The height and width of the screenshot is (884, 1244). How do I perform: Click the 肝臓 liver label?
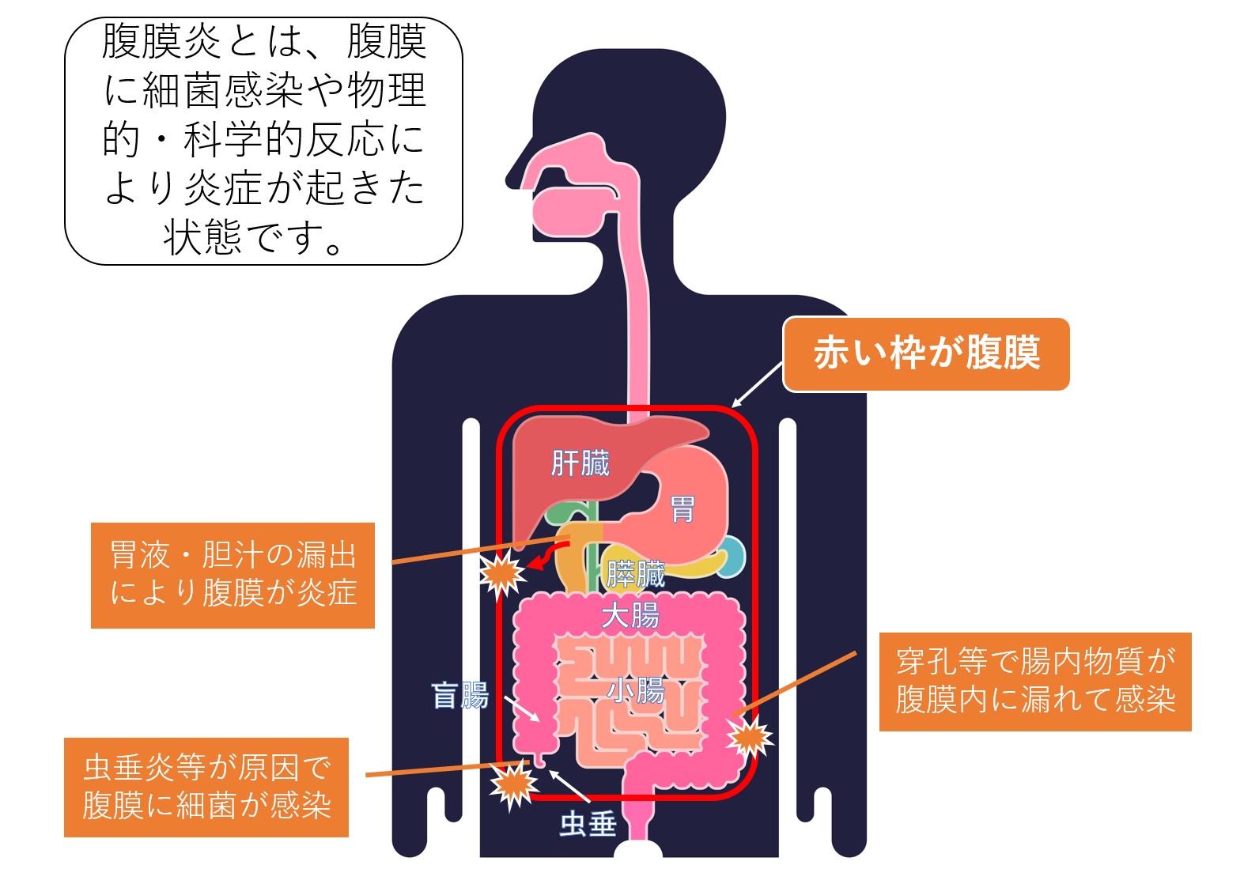[580, 463]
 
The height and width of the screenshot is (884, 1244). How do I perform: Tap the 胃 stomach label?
[682, 509]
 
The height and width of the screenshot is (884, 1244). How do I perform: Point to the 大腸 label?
[630, 615]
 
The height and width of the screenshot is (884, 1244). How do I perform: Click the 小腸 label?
[636, 689]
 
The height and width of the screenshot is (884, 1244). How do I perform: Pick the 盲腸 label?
[459, 696]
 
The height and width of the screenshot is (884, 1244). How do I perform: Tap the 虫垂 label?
[588, 824]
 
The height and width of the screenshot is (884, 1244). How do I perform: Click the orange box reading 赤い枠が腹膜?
[926, 354]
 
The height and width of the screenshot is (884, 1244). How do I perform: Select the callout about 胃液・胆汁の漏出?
[233, 575]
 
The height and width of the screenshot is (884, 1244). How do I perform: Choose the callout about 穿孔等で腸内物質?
[1034, 681]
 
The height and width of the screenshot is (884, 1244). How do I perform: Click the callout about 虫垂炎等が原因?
[206, 787]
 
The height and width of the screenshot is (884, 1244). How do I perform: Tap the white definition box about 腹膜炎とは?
[263, 141]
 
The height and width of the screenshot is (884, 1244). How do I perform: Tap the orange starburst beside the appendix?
[514, 784]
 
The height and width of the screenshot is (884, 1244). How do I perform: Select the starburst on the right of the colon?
[749, 737]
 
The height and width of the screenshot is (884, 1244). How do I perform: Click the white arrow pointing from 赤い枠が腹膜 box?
[757, 384]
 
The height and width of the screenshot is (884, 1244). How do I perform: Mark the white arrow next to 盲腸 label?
[522, 708]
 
